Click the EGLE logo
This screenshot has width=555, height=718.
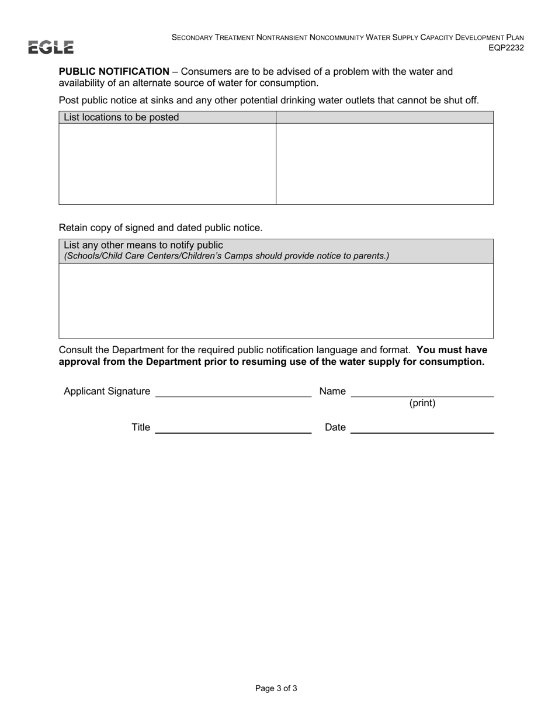[51, 47]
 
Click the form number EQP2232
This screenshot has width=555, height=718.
[506, 48]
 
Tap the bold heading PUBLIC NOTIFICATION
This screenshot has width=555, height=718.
[114, 72]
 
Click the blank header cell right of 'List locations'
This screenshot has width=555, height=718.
[384, 117]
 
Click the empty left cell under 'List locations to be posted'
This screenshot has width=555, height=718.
[167, 163]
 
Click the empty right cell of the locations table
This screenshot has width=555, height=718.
[384, 163]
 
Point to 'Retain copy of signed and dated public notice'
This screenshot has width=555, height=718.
[161, 228]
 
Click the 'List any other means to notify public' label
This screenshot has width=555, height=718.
[143, 245]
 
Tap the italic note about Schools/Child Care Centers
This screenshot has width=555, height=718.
[226, 256]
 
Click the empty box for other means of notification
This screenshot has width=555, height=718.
[276, 301]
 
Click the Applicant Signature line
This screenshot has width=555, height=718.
[233, 392]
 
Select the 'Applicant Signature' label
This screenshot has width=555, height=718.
[107, 391]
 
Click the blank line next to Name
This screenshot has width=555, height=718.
[422, 392]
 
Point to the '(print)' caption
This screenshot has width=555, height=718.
[422, 403]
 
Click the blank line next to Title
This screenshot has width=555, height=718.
[233, 428]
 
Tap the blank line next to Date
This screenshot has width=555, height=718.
[422, 428]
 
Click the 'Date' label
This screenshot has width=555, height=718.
[335, 427]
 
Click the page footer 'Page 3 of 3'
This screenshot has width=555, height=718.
[276, 688]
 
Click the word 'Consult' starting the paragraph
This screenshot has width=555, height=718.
[76, 350]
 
